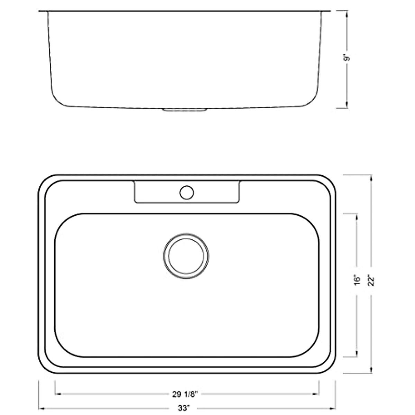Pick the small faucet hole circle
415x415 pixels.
pos(187,193)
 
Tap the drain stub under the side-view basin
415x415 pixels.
pos(185,110)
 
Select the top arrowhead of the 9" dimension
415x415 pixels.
pos(347,13)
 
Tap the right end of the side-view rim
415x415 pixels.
pos(329,11)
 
